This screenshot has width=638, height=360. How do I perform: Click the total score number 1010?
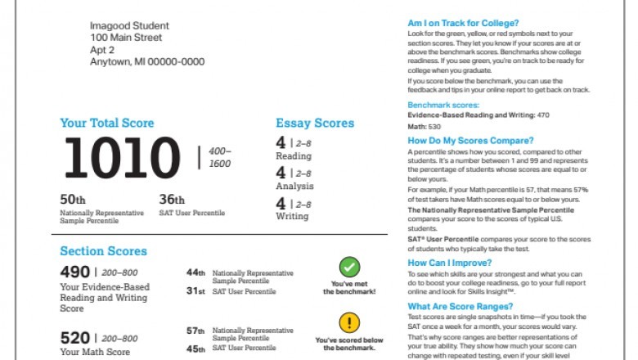coord(122,158)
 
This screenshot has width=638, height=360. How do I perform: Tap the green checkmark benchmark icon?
coord(349,267)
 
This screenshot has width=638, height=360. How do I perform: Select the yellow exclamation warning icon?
coord(349,322)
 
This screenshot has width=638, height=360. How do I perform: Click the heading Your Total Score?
coord(106,124)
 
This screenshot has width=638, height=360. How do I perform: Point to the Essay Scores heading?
coord(315,124)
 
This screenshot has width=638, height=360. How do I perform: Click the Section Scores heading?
coord(103,251)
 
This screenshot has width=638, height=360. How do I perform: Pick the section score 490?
coord(74,272)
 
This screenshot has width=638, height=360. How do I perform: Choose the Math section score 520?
coord(74,336)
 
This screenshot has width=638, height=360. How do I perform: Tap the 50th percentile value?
coord(73,199)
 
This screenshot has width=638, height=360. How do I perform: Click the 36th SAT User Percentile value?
coord(172,199)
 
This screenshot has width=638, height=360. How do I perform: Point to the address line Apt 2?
coord(103,49)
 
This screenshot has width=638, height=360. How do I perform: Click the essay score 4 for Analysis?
coord(281,173)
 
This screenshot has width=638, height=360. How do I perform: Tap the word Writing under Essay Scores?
coord(292,216)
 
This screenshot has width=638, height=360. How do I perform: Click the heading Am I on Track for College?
coord(463,23)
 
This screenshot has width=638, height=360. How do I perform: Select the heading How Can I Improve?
coord(449,263)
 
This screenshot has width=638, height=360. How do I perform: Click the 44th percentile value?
coord(195,272)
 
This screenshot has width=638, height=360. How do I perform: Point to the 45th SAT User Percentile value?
coord(195,348)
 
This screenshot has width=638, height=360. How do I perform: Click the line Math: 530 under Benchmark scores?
coord(424,127)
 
